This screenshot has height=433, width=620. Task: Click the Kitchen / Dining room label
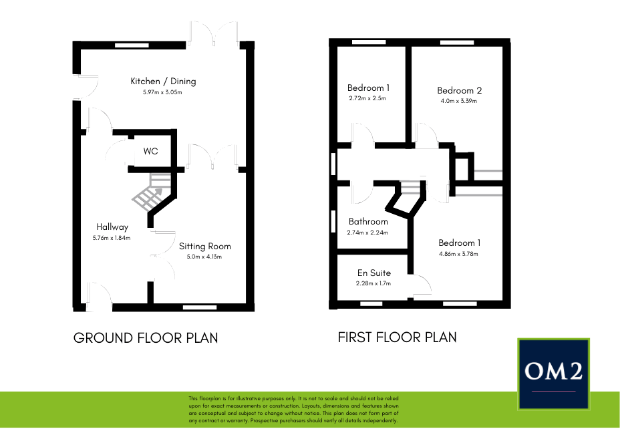[x=163, y=82]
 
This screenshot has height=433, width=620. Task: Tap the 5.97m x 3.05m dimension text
[x=162, y=92]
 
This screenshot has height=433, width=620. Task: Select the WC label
[x=150, y=152]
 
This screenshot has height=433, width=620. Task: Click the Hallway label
[x=112, y=227]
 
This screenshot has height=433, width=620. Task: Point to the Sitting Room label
[x=204, y=246]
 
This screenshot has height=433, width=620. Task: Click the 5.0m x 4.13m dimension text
[x=204, y=257]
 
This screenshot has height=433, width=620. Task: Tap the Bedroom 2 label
[x=459, y=91]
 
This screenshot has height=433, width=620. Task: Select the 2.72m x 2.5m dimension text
[x=367, y=98]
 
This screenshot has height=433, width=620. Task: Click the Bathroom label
[x=368, y=222]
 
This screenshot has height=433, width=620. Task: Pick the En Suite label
[x=373, y=273]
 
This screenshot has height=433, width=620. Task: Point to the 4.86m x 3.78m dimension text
[x=458, y=254]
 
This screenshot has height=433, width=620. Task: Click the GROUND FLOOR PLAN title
[x=146, y=338]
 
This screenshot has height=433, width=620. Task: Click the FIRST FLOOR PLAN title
[x=398, y=337]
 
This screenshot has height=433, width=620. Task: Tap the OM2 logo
[x=553, y=374]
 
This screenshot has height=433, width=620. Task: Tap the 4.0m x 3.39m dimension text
[x=459, y=102]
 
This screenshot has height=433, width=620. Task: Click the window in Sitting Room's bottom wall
[x=194, y=307]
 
